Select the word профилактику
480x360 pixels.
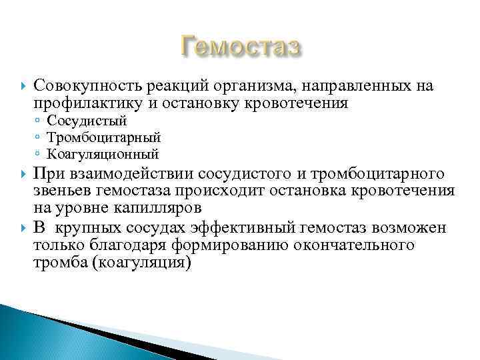89,103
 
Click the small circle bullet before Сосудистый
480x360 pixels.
39,122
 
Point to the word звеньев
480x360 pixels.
62,192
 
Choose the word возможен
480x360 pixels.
408,228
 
